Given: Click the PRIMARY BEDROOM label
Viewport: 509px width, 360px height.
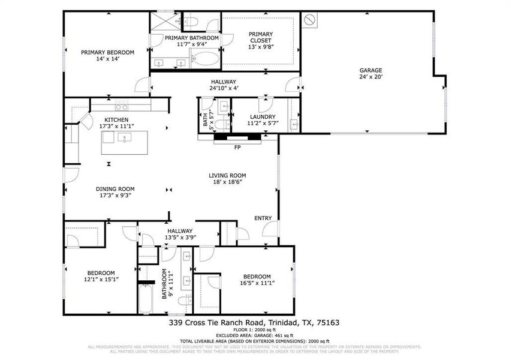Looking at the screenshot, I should coord(108,52).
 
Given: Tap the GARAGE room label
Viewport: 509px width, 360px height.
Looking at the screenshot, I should coord(371,70).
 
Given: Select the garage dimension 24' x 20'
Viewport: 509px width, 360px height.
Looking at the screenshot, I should coord(371,77).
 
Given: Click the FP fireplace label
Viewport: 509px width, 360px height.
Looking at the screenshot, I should coord(237,147).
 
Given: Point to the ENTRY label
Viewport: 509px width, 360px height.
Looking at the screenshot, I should coord(263,218).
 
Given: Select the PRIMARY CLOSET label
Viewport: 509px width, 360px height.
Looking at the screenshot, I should coord(260,37).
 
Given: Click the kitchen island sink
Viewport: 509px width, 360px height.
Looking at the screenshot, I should coord(125,137).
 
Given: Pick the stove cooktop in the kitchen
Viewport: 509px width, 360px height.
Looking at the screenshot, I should coord(122,107).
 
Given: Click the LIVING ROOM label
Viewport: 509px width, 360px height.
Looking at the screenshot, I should coord(227,176).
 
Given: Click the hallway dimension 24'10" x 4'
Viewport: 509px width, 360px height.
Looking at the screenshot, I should coord(224,88).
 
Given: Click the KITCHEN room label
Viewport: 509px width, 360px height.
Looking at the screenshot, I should coord(116,120).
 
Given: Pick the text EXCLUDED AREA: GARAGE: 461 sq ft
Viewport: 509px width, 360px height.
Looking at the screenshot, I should coord(254,335).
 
